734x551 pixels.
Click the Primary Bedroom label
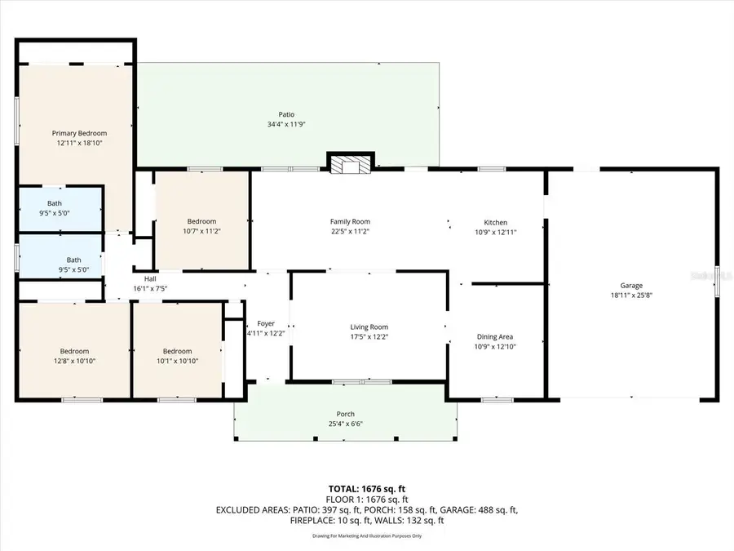point(79,133)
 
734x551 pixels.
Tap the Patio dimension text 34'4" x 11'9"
point(285,125)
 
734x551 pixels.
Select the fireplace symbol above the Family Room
point(351,165)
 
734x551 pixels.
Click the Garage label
point(631,286)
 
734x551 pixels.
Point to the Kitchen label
point(495,222)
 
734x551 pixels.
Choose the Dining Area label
point(495,336)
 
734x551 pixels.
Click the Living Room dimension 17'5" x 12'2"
point(369,337)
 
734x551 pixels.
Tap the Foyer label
point(266,323)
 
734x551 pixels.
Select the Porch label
point(346,414)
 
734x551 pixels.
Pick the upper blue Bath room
point(60,209)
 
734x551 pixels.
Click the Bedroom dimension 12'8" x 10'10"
point(73,361)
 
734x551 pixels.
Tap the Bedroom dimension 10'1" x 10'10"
point(177,361)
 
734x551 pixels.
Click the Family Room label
point(350,221)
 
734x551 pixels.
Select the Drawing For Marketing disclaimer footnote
point(366,536)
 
